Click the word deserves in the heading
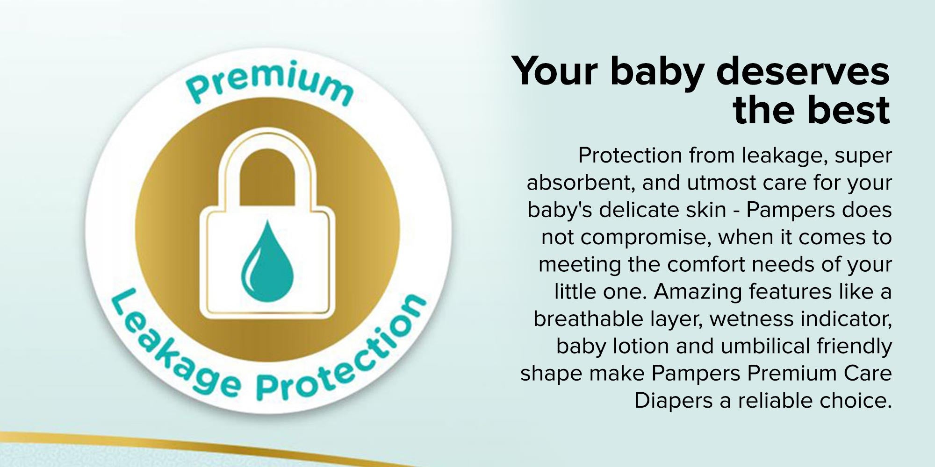[x=803, y=71]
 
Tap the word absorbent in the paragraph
[x=580, y=183]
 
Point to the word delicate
[x=639, y=210]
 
